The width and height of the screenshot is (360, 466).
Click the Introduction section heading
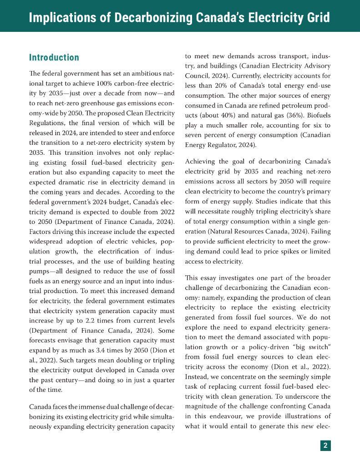click(x=54, y=58)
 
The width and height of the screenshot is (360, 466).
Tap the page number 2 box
click(x=325, y=446)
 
